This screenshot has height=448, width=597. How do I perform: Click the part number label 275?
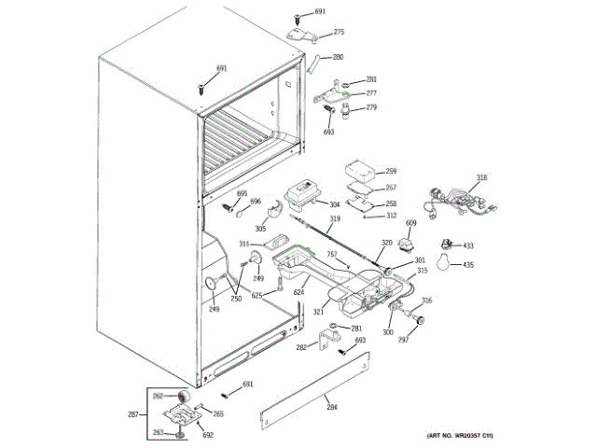coord(339,33)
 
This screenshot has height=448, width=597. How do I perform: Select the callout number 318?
coord(481,177)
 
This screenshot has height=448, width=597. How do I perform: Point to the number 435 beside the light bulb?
coord(468,265)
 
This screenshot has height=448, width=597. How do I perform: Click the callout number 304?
coord(334,203)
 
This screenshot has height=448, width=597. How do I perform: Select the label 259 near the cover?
coord(391,172)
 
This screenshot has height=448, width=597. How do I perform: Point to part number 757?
coord(331,254)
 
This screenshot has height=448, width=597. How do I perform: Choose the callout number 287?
coord(132,413)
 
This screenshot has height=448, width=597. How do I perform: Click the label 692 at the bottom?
coord(208,435)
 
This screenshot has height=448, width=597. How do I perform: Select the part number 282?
coord(301,347)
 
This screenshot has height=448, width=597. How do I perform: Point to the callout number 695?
coord(242,193)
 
